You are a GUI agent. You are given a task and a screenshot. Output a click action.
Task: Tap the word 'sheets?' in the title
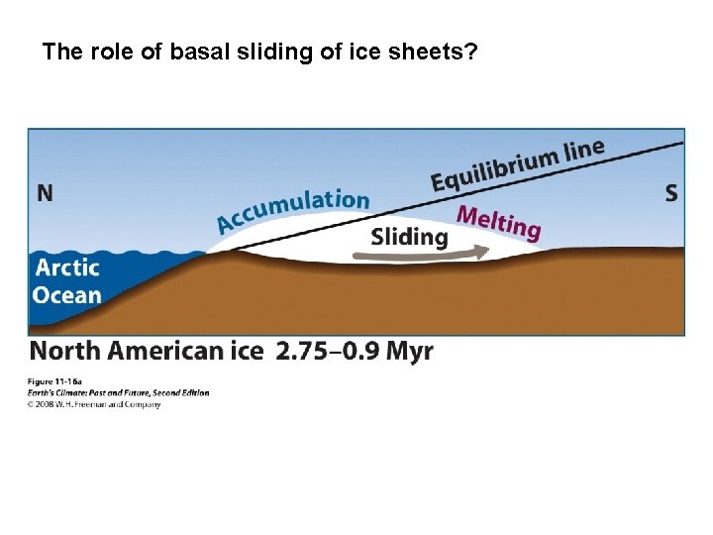439,52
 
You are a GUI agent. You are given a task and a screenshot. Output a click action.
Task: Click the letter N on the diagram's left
45,193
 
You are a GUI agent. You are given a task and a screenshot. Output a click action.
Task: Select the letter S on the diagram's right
671,193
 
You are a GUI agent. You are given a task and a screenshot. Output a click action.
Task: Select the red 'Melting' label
498,223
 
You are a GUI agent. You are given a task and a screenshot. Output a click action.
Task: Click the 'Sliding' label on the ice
409,237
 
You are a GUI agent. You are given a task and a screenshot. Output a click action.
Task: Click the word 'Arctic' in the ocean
67,267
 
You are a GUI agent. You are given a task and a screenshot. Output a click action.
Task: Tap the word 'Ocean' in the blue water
67,294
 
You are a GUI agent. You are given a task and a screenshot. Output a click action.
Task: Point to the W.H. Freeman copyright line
94,404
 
